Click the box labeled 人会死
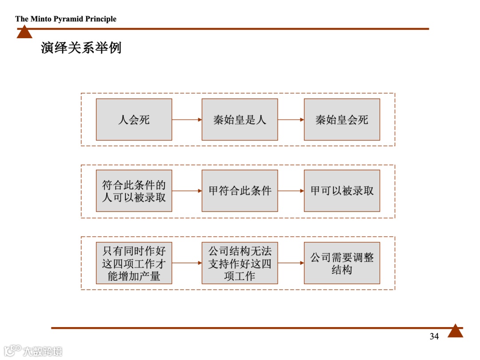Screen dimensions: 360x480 134,120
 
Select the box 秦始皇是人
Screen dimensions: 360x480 240,120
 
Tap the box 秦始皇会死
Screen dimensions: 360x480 342,120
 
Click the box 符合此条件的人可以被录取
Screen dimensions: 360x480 134,191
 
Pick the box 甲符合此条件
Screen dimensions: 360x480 240,191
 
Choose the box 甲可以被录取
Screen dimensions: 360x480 342,191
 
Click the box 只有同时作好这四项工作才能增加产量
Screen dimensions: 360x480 134,263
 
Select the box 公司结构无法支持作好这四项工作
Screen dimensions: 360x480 240,263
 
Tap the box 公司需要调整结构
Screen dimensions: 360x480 342,263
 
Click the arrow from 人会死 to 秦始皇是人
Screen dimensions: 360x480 187,120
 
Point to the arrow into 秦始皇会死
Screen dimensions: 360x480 291,120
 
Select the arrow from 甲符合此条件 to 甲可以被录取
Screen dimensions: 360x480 291,191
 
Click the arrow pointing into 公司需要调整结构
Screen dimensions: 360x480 291,263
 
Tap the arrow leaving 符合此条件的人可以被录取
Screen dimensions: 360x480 187,191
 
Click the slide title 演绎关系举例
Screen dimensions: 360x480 81,48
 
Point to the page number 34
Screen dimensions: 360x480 434,336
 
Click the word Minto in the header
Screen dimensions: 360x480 41,19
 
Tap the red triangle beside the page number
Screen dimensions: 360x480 455,331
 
